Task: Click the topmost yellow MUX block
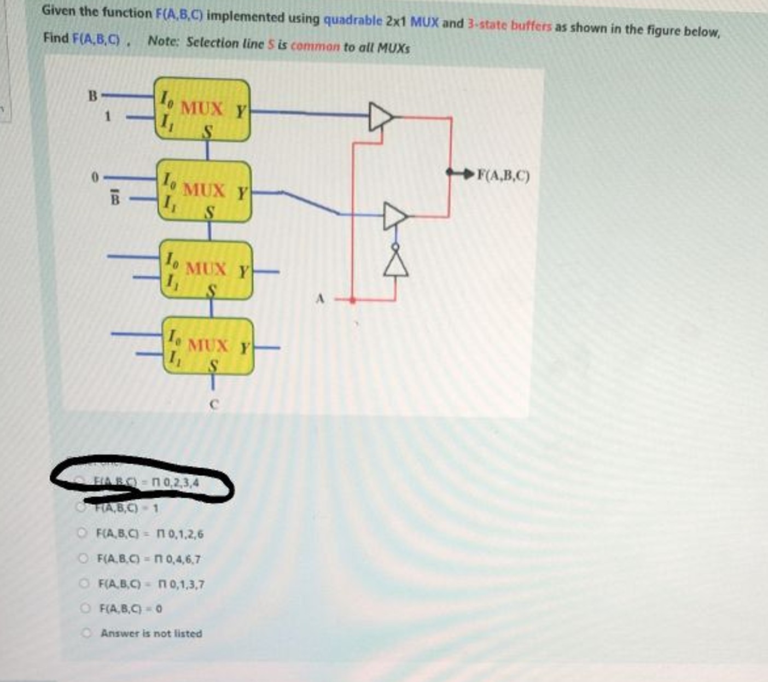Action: tap(202, 110)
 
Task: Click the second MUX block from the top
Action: tap(204, 191)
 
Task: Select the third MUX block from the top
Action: tap(206, 270)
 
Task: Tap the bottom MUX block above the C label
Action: tap(208, 346)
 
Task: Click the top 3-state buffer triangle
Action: tap(381, 116)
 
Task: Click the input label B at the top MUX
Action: tap(93, 96)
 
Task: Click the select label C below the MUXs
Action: tap(214, 405)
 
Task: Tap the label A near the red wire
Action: tap(321, 299)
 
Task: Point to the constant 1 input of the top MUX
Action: tap(108, 116)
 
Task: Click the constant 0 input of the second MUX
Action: tap(94, 178)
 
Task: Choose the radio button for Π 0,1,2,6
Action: tap(83, 533)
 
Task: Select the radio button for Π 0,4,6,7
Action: tap(83, 558)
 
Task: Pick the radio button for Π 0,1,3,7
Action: tap(84, 584)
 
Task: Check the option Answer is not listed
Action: tap(86, 633)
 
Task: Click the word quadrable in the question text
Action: tap(353, 21)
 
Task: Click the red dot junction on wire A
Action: tap(353, 300)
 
